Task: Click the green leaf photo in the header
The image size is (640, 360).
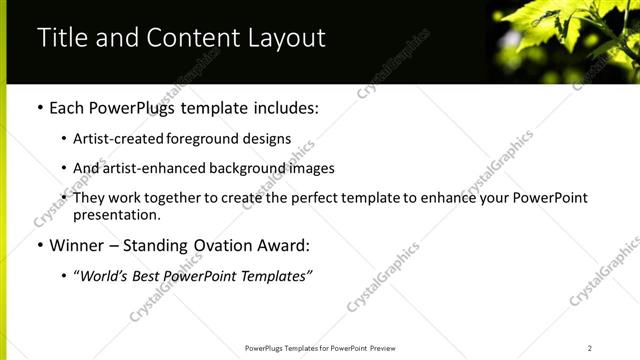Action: pos(564,40)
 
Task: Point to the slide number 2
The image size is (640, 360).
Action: pos(590,348)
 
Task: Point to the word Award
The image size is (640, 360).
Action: pos(283,245)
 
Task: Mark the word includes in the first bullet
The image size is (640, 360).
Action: pos(286,107)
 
